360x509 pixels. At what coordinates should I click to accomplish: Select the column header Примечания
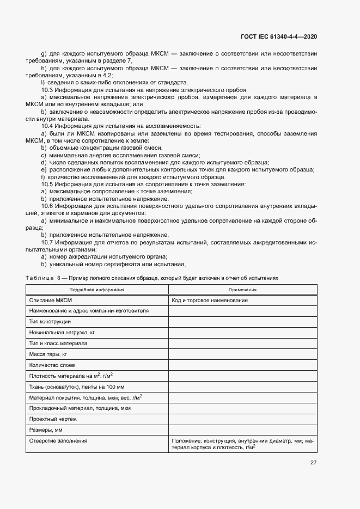pyautogui.click(x=242, y=290)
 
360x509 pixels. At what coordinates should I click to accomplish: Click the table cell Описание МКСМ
pyautogui.click(x=51, y=301)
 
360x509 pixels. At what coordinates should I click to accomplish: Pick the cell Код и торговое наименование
pyautogui.click(x=210, y=301)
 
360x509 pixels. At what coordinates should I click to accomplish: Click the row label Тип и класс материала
pyautogui.click(x=58, y=344)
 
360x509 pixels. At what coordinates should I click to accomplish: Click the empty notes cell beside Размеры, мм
pyautogui.click(x=242, y=430)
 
